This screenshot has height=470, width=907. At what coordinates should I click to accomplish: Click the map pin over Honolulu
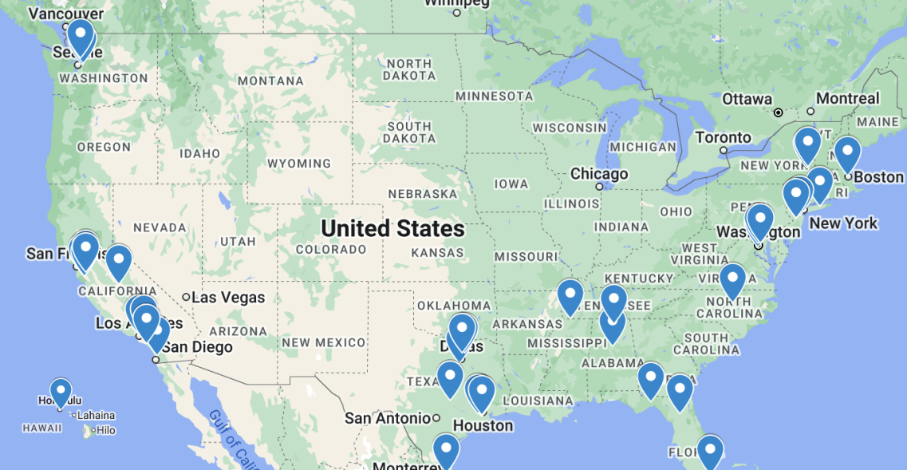coord(61,392)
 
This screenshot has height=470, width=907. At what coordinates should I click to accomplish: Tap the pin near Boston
coord(846,152)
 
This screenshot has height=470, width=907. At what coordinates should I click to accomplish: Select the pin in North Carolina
coord(732,280)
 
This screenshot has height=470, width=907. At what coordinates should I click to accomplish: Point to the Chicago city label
coord(599,174)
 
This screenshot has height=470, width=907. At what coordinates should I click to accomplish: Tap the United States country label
coord(392,229)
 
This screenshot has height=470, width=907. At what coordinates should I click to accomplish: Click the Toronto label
coord(723,137)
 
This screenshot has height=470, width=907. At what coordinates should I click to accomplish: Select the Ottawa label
coord(747,100)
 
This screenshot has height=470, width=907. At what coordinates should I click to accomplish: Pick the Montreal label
coord(848,99)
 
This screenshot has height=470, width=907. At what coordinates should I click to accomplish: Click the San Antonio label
coord(388,418)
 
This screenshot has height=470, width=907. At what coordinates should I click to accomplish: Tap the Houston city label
coord(483,425)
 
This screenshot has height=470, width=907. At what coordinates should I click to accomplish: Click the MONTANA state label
coord(271,81)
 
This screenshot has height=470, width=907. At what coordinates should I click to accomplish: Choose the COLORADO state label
coord(331,249)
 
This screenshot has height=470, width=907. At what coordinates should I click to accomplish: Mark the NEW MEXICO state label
coord(324,342)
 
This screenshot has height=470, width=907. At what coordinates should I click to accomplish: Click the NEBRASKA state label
coord(423,194)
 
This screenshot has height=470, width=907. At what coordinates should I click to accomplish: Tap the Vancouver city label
coord(65,14)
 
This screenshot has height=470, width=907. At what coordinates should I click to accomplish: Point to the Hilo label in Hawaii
coord(106,430)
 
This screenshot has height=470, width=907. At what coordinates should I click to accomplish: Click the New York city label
coord(843,223)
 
